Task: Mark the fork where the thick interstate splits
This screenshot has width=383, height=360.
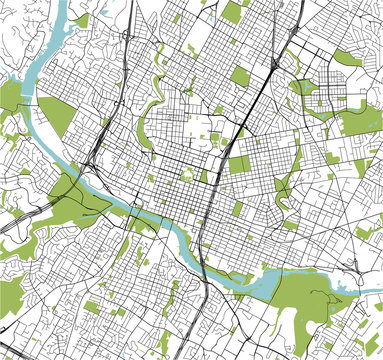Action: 273,65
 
